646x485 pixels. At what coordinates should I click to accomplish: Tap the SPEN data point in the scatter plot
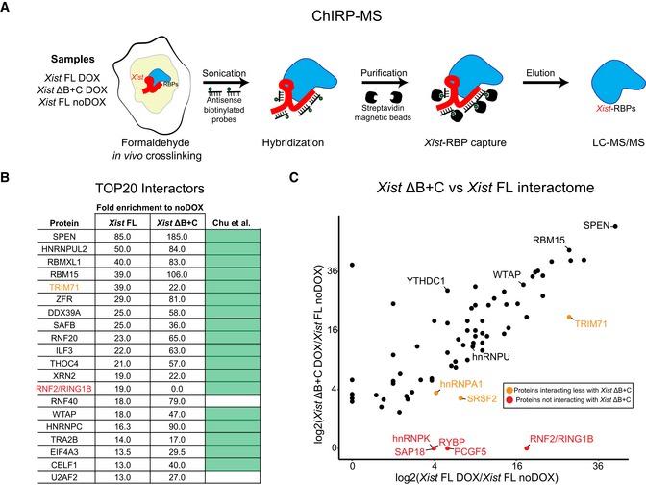(x=615, y=227)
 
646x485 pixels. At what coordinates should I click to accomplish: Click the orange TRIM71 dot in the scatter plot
(x=570, y=317)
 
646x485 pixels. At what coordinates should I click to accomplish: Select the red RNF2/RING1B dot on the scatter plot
(x=527, y=447)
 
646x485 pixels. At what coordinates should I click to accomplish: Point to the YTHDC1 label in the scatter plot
(x=429, y=280)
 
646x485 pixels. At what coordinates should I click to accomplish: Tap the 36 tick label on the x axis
(x=600, y=465)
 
